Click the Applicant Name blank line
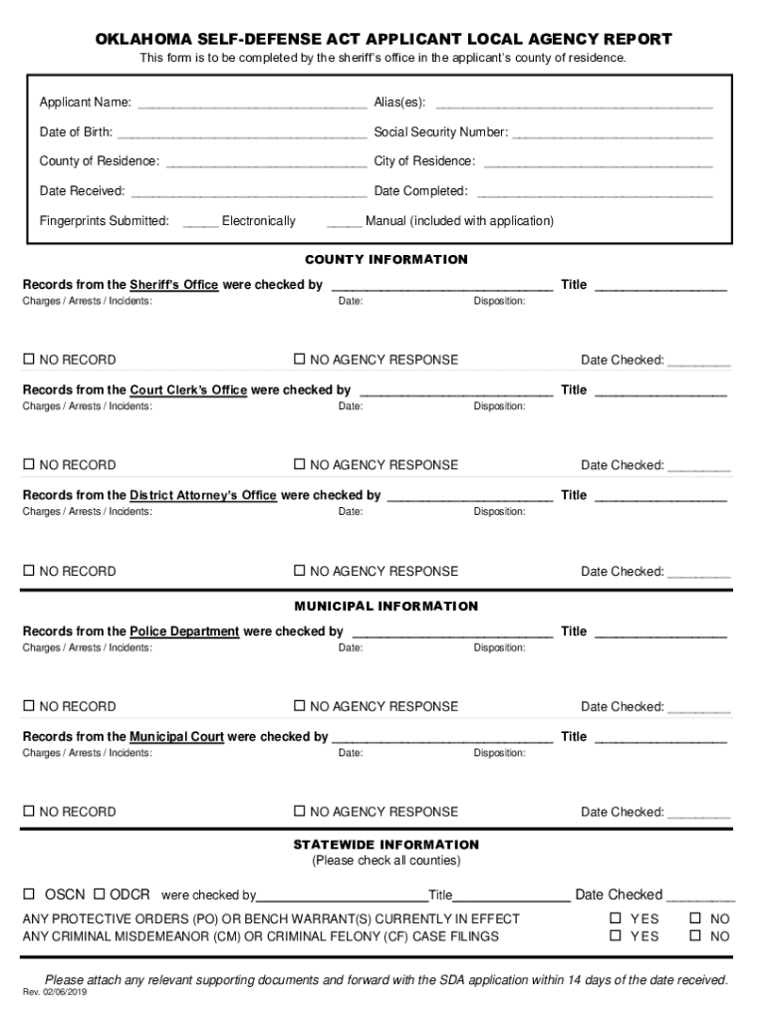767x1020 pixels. (x=253, y=104)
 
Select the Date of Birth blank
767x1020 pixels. (x=241, y=132)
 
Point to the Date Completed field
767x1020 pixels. (x=594, y=191)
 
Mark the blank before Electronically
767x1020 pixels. (x=200, y=221)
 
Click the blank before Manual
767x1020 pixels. (x=344, y=221)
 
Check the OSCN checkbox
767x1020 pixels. (x=30, y=894)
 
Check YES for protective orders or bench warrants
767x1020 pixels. (x=616, y=918)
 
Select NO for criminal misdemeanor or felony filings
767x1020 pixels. (x=695, y=936)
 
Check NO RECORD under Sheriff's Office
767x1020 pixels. (x=30, y=360)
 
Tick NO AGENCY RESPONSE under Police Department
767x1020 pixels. (x=299, y=706)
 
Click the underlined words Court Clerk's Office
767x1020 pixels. (x=188, y=390)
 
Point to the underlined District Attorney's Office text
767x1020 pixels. (x=203, y=495)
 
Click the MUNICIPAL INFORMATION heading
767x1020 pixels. (x=385, y=606)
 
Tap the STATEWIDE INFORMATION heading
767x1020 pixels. (x=385, y=845)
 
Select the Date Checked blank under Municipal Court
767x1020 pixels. (x=698, y=813)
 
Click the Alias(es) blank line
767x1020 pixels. (x=575, y=104)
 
